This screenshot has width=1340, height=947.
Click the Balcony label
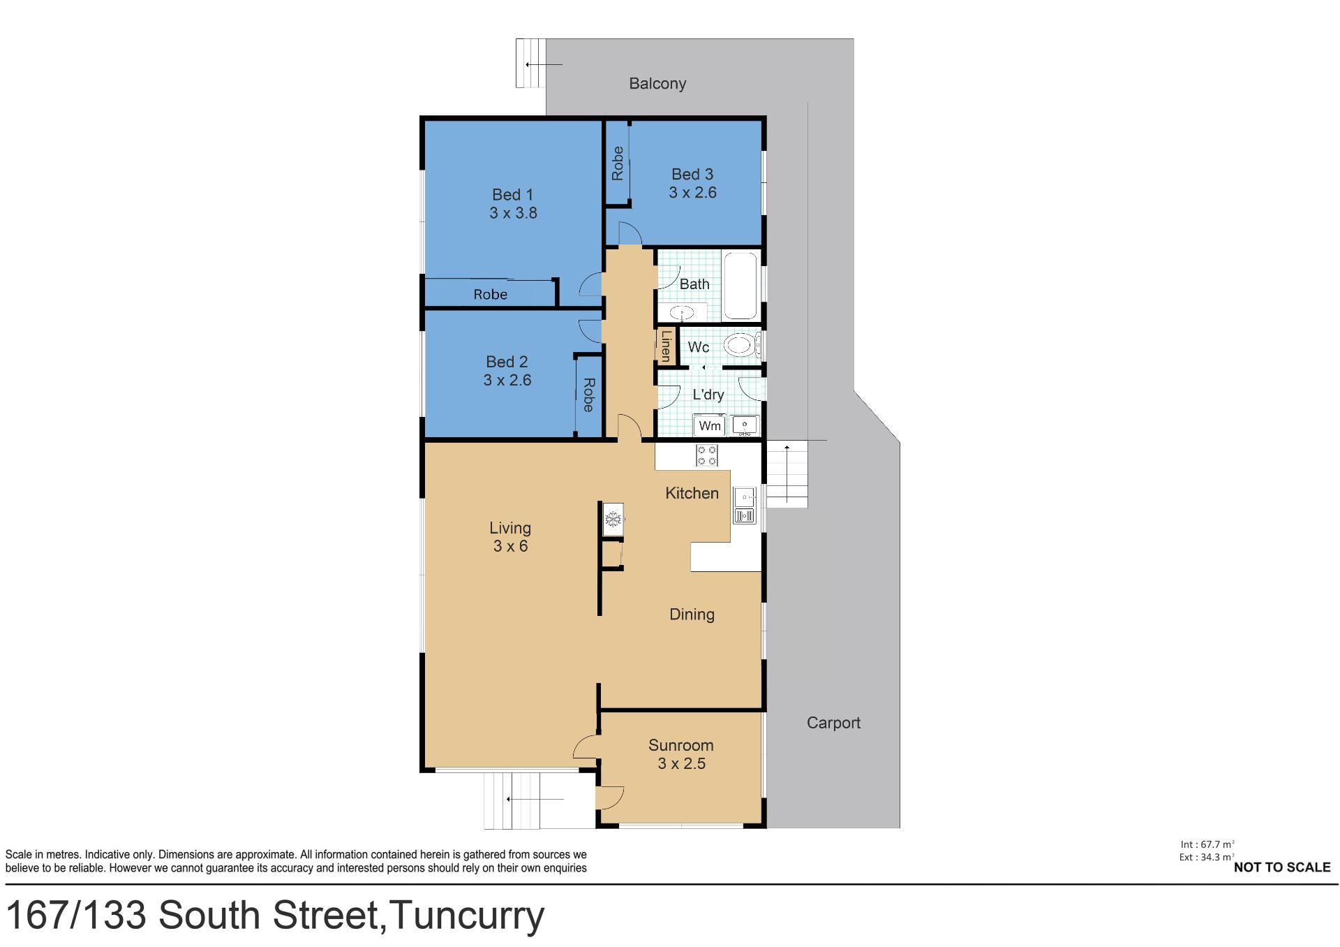click(x=657, y=84)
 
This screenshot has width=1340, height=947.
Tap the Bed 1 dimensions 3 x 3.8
click(x=513, y=213)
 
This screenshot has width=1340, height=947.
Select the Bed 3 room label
click(x=692, y=174)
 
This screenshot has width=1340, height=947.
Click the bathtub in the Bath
click(x=740, y=286)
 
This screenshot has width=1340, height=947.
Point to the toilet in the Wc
click(x=740, y=345)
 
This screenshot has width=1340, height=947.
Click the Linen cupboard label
click(x=666, y=346)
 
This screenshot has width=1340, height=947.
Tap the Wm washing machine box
click(x=709, y=425)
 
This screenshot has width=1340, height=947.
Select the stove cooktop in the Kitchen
click(x=706, y=455)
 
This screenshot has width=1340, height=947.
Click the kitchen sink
click(x=745, y=506)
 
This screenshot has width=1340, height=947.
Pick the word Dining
click(x=692, y=615)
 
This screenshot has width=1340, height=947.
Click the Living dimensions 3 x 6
click(x=510, y=546)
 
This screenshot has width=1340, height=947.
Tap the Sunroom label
click(x=681, y=745)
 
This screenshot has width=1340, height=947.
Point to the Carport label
click(x=833, y=723)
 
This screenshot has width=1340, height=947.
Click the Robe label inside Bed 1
click(x=490, y=295)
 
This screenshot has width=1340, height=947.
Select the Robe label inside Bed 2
click(x=588, y=395)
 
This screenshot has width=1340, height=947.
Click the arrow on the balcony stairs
click(x=544, y=65)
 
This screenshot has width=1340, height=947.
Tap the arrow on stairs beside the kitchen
click(x=787, y=473)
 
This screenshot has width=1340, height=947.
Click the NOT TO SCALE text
click(x=1282, y=867)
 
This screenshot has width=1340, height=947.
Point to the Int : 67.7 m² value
click(x=1207, y=844)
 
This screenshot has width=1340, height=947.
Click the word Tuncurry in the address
click(x=467, y=916)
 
